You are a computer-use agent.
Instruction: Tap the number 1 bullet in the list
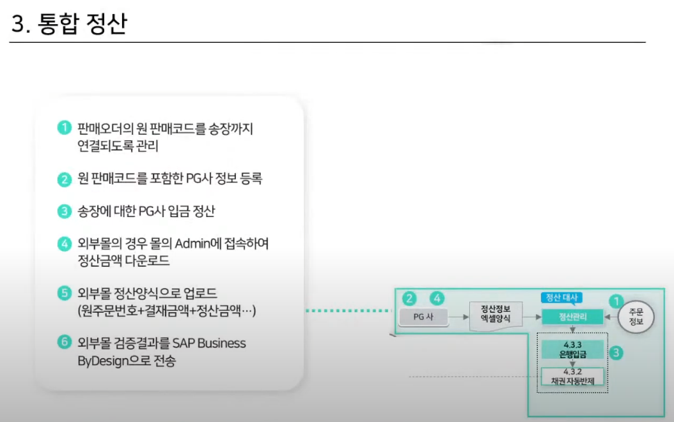[63, 128]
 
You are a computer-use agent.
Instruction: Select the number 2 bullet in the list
[63, 179]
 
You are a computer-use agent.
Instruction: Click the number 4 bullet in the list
[63, 244]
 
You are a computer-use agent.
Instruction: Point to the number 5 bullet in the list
[63, 294]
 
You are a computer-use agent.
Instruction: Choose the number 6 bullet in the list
[63, 343]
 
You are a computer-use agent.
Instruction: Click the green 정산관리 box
[572, 316]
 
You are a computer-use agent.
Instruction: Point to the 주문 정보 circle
[636, 317]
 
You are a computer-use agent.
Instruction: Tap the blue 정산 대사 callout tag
[560, 298]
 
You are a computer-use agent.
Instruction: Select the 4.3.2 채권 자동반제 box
[572, 377]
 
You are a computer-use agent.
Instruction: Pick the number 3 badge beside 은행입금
[616, 352]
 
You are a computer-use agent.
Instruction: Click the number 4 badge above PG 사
[437, 298]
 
